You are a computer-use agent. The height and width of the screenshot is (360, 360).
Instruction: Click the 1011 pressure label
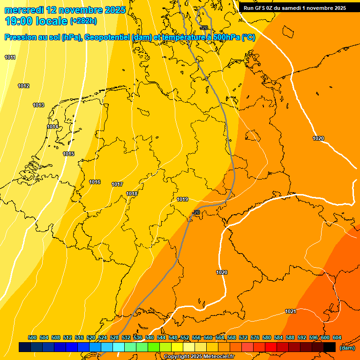tap(10, 57)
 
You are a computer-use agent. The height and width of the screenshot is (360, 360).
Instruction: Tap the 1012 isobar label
tap(23, 86)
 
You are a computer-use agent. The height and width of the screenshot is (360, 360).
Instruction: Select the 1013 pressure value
tap(38, 105)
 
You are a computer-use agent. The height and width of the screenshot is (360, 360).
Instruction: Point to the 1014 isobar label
tap(52, 127)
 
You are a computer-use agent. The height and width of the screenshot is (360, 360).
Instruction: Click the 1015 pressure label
tap(68, 154)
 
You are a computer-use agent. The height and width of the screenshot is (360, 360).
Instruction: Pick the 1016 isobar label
tap(95, 182)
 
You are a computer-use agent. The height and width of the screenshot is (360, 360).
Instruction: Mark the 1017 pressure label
tap(117, 184)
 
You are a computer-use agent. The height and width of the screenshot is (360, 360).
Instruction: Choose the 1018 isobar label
tap(132, 194)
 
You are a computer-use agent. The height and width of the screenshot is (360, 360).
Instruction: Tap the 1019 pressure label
tap(182, 199)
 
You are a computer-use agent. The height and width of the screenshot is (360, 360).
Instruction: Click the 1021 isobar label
tap(290, 311)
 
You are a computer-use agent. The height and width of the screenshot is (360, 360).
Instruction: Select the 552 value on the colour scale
tap(185, 337)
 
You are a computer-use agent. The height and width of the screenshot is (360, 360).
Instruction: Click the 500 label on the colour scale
tap(32, 337)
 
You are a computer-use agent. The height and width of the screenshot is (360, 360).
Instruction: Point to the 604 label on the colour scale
tap(337, 337)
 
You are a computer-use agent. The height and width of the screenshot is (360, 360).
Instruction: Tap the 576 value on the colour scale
tap(255, 337)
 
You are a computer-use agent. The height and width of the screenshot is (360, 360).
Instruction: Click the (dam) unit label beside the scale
tap(347, 347)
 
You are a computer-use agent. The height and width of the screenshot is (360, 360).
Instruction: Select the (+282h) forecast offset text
tap(83, 21)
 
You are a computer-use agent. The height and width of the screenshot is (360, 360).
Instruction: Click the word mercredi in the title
tap(24, 9)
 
